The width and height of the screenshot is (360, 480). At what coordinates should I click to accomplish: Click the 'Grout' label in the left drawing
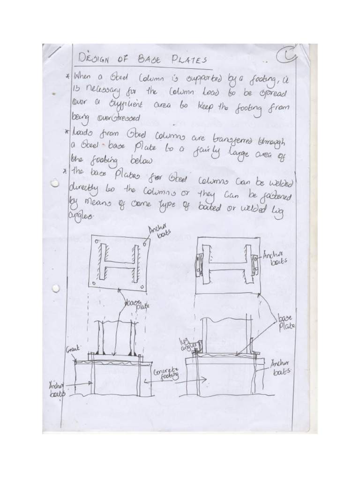(x=74, y=349)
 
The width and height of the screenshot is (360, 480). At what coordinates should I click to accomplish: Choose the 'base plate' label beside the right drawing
(x=285, y=323)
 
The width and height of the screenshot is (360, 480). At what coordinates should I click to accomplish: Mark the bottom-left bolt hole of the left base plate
(x=95, y=283)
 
